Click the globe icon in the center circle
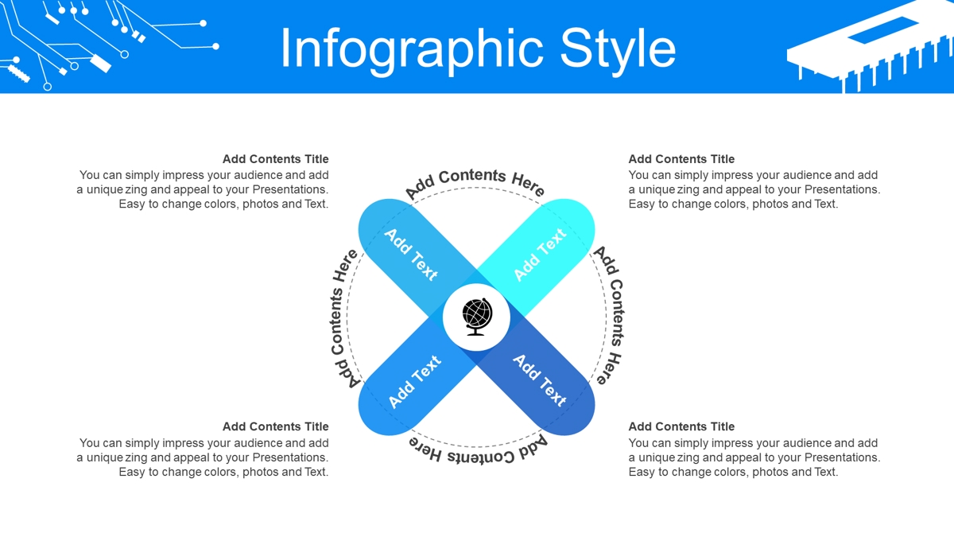(x=477, y=317)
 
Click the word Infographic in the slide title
(x=412, y=50)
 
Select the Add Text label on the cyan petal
(x=540, y=255)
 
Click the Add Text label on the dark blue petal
(x=540, y=380)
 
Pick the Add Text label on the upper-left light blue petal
(x=411, y=255)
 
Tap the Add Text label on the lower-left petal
(x=414, y=381)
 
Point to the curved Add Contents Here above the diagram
(x=475, y=181)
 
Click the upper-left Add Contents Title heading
(x=276, y=159)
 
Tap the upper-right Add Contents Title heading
(x=681, y=159)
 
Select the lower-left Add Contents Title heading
(x=276, y=426)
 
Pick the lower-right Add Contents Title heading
(x=681, y=426)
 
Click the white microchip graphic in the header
(x=870, y=45)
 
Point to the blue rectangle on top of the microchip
(x=883, y=30)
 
